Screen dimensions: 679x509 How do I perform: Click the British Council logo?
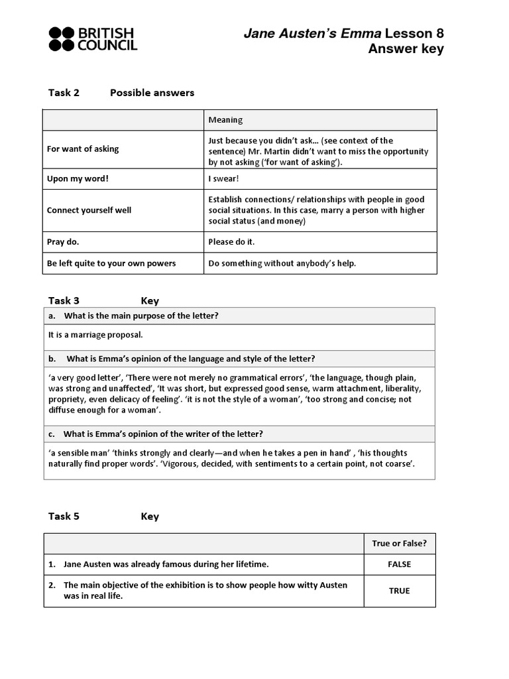pyautogui.click(x=93, y=38)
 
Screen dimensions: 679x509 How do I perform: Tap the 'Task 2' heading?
pyautogui.click(x=64, y=93)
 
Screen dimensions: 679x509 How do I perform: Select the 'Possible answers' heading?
pyautogui.click(x=152, y=93)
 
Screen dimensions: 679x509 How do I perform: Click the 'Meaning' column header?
pyautogui.click(x=225, y=120)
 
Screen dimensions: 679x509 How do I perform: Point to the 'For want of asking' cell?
pyautogui.click(x=83, y=149)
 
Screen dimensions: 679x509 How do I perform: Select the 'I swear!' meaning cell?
pyautogui.click(x=224, y=179)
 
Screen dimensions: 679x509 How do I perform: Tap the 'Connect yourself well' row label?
pyautogui.click(x=89, y=210)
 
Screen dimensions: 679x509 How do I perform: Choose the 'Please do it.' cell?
pyautogui.click(x=231, y=242)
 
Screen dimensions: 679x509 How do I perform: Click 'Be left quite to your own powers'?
pyautogui.click(x=111, y=263)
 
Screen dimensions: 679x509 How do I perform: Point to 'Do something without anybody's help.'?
pyautogui.click(x=282, y=263)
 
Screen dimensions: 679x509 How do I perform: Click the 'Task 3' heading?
pyautogui.click(x=64, y=301)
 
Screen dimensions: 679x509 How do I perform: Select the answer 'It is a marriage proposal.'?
pyautogui.click(x=95, y=335)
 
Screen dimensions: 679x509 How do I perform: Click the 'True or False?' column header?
pyautogui.click(x=399, y=544)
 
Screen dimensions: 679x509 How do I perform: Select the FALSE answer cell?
pyautogui.click(x=399, y=564)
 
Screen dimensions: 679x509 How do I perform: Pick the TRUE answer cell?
pyautogui.click(x=399, y=591)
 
